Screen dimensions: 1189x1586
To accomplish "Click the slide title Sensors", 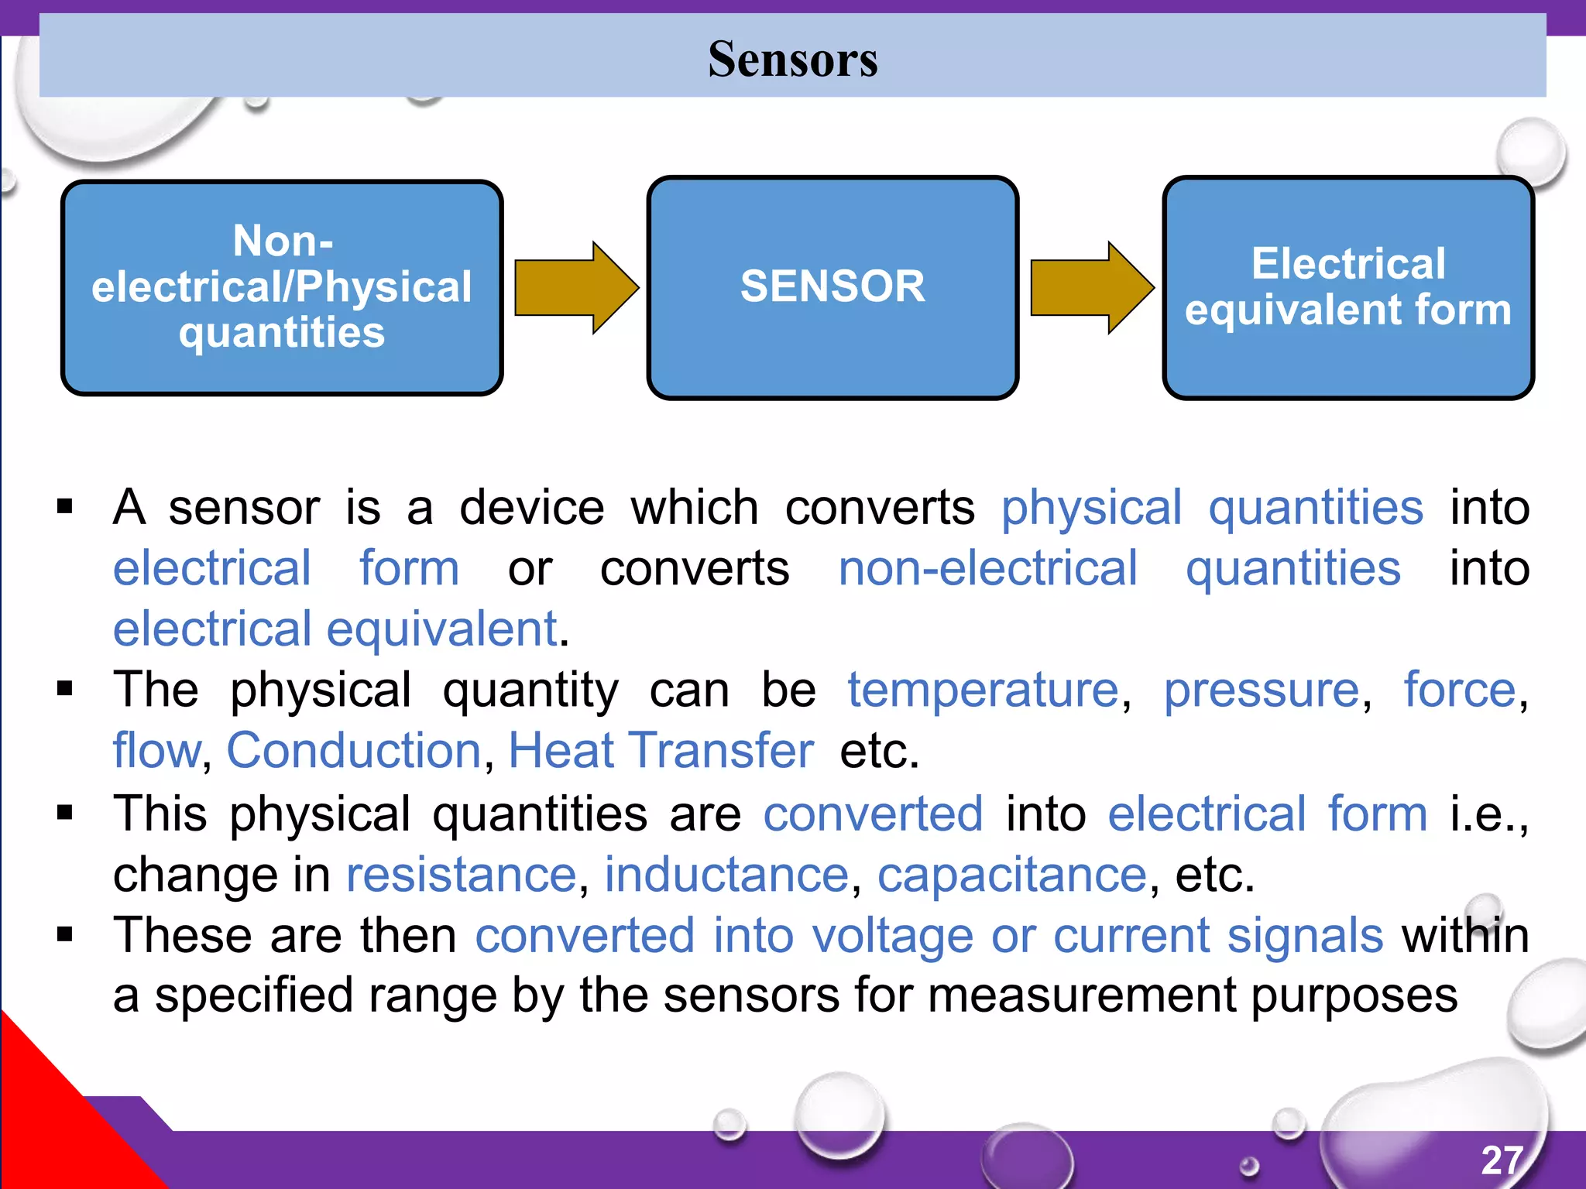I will coord(792,59).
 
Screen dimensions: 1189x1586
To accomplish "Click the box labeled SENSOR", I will coord(832,287).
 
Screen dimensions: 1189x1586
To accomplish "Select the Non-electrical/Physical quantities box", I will coord(282,287).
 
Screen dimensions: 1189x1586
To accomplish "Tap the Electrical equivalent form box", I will coord(1347,287).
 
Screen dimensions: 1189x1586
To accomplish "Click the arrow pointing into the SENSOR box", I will coord(576,287).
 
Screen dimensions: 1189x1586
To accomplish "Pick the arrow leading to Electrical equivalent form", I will coord(1092,287).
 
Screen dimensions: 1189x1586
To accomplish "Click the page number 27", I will coord(1502,1160).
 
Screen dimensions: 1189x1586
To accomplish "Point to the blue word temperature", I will coord(983,689).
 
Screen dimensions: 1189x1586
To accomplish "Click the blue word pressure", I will coord(1262,689).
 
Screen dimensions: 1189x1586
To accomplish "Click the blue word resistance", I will coord(462,875).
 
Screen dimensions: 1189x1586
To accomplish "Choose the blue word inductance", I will coord(726,875).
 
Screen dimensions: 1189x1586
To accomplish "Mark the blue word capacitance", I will coord(1011,875).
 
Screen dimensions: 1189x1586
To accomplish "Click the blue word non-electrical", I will coord(987,567).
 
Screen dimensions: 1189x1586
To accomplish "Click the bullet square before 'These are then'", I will coord(65,935).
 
